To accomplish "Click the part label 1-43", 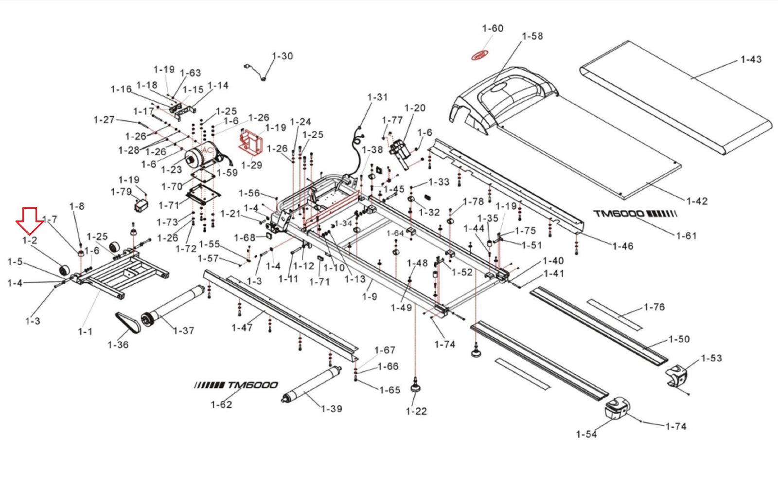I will click(751, 59).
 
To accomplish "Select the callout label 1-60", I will click(493, 28).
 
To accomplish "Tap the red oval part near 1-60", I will click(479, 56).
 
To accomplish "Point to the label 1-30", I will click(283, 56).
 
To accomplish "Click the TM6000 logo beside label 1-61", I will click(635, 214).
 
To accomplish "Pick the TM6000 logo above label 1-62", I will click(236, 385).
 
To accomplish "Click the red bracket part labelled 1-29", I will click(250, 142).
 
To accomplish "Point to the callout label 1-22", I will click(416, 411).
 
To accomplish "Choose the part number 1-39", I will click(332, 409).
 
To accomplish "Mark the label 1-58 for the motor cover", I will click(532, 36).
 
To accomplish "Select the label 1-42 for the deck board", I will click(697, 201).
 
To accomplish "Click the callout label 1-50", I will click(679, 339).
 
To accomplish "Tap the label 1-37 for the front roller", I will click(184, 331).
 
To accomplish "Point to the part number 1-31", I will click(377, 97).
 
